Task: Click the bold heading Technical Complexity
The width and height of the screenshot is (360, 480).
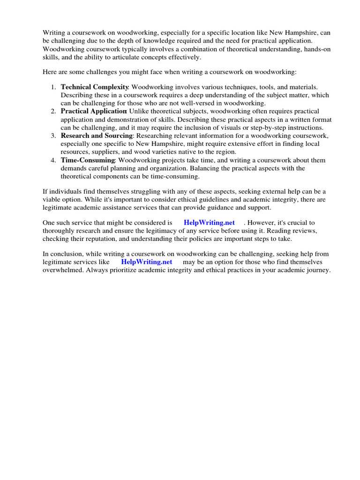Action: tap(94, 87)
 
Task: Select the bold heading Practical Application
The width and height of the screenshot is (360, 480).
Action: tap(94, 112)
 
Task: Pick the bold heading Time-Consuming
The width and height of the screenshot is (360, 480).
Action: tap(88, 160)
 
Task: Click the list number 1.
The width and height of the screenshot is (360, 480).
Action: tap(53, 87)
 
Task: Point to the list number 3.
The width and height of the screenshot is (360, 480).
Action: tap(53, 136)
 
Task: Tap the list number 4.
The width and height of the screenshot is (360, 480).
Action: tap(53, 160)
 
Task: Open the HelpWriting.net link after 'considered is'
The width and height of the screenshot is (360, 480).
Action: tap(209, 223)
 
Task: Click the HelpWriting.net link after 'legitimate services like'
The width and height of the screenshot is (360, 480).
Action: tap(147, 262)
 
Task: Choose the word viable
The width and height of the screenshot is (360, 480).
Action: tap(53, 200)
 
